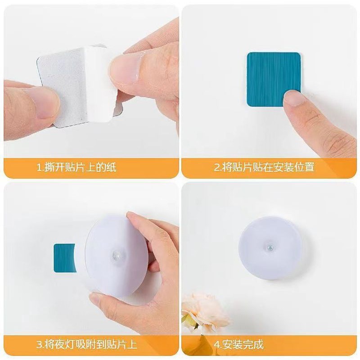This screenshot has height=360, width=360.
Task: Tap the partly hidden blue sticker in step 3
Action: pyautogui.click(x=64, y=258)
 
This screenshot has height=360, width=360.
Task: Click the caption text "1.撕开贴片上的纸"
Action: pyautogui.click(x=76, y=168)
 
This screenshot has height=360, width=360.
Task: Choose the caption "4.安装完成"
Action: pyautogui.click(x=238, y=345)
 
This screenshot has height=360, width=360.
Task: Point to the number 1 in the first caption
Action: pyautogui.click(x=39, y=168)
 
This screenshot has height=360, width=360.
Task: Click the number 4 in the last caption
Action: pyautogui.click(x=217, y=345)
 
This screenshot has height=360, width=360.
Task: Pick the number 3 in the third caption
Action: pyautogui.click(x=39, y=345)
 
